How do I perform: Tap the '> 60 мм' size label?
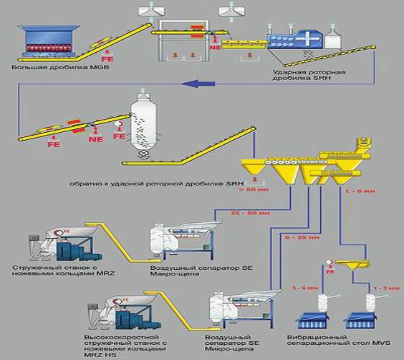click(268, 190)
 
